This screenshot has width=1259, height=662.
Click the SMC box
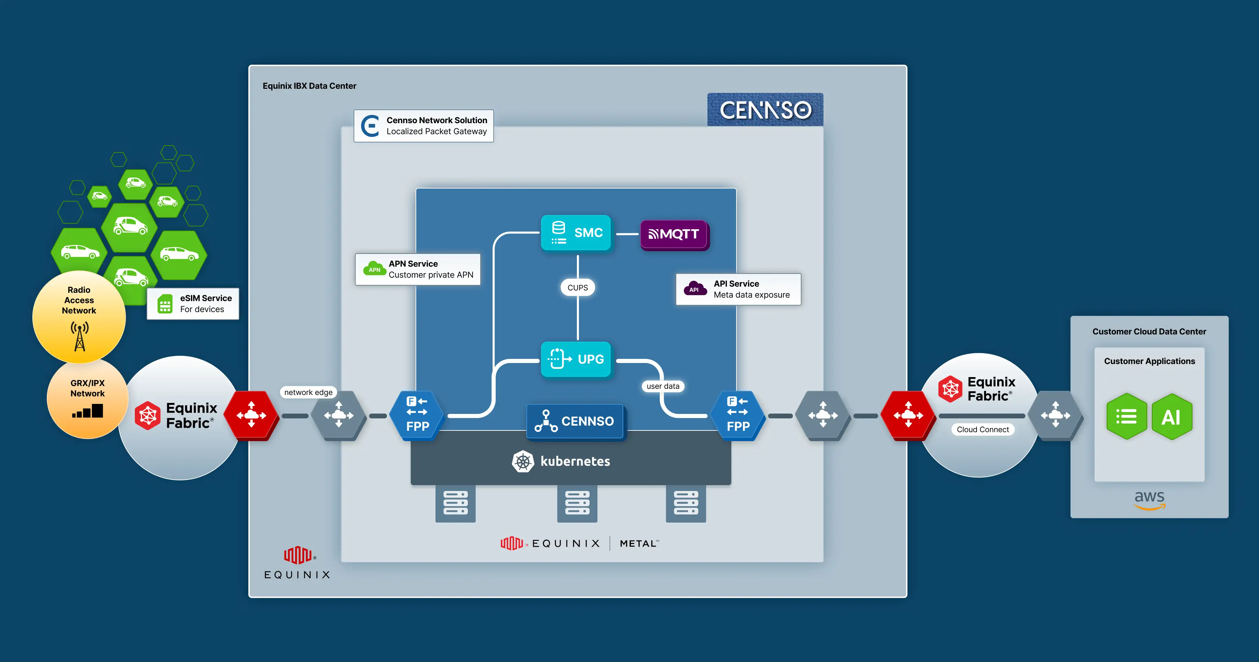[x=576, y=233]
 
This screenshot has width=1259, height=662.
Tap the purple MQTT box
[x=674, y=234]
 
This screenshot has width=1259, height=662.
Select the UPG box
[x=576, y=359]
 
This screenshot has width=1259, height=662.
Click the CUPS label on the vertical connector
[x=577, y=288]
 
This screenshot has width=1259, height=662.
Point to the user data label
[x=663, y=386]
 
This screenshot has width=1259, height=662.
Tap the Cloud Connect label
[x=982, y=429]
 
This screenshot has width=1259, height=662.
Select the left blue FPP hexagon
[x=417, y=415]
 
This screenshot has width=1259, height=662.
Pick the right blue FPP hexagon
[x=738, y=415]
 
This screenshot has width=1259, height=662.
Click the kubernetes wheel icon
[x=523, y=461]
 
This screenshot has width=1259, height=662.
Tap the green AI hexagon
[x=1172, y=417]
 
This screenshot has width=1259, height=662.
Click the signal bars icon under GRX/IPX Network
[x=88, y=411]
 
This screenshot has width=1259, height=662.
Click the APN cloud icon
[x=374, y=268]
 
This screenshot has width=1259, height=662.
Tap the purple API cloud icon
[x=695, y=288]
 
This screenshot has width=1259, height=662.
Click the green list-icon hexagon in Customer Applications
[x=1126, y=417]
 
